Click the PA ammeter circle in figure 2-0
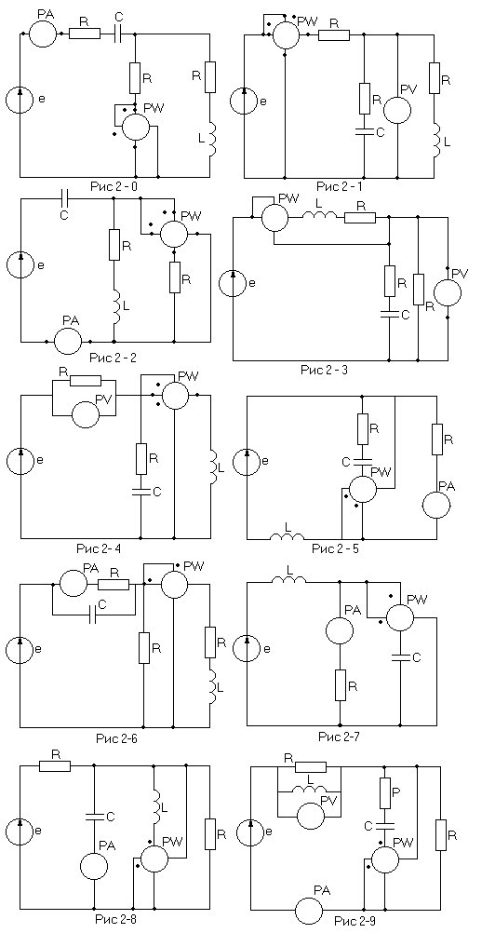44,34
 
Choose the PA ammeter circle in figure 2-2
68,342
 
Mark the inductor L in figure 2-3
320,219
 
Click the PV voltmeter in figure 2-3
448,291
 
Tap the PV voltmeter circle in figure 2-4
87,412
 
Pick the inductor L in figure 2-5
287,537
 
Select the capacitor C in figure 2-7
401,656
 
